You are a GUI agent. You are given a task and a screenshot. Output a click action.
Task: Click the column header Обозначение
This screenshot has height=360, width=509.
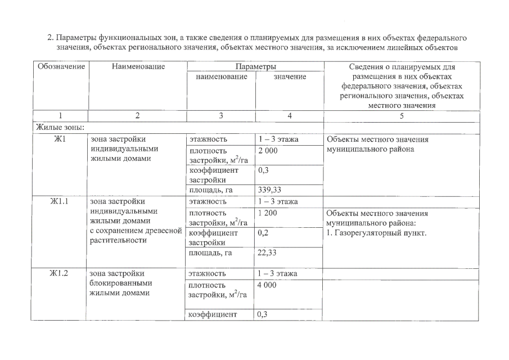[61, 67]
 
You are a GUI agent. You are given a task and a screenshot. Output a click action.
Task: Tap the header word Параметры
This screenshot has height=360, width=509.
[255, 67]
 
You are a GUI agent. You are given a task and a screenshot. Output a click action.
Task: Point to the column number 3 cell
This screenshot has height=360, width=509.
[221, 116]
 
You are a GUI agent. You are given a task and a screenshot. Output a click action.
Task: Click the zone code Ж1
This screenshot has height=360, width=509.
[60, 139]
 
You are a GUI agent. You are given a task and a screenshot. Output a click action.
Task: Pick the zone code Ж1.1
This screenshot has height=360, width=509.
[60, 201]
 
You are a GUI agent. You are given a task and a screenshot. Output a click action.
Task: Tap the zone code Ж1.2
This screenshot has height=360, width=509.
[60, 273]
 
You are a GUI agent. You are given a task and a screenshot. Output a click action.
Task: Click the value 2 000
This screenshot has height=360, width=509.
[268, 151]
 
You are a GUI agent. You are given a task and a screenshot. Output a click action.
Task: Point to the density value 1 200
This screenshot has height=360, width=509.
[268, 213]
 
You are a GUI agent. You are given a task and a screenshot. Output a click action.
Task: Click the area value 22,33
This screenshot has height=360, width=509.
[268, 253]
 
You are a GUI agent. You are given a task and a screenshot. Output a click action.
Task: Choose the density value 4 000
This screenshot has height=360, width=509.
[268, 285]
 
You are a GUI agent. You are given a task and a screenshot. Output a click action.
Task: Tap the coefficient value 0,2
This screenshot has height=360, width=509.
[262, 232]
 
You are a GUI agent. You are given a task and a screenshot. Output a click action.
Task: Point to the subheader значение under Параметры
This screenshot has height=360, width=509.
[290, 76]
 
